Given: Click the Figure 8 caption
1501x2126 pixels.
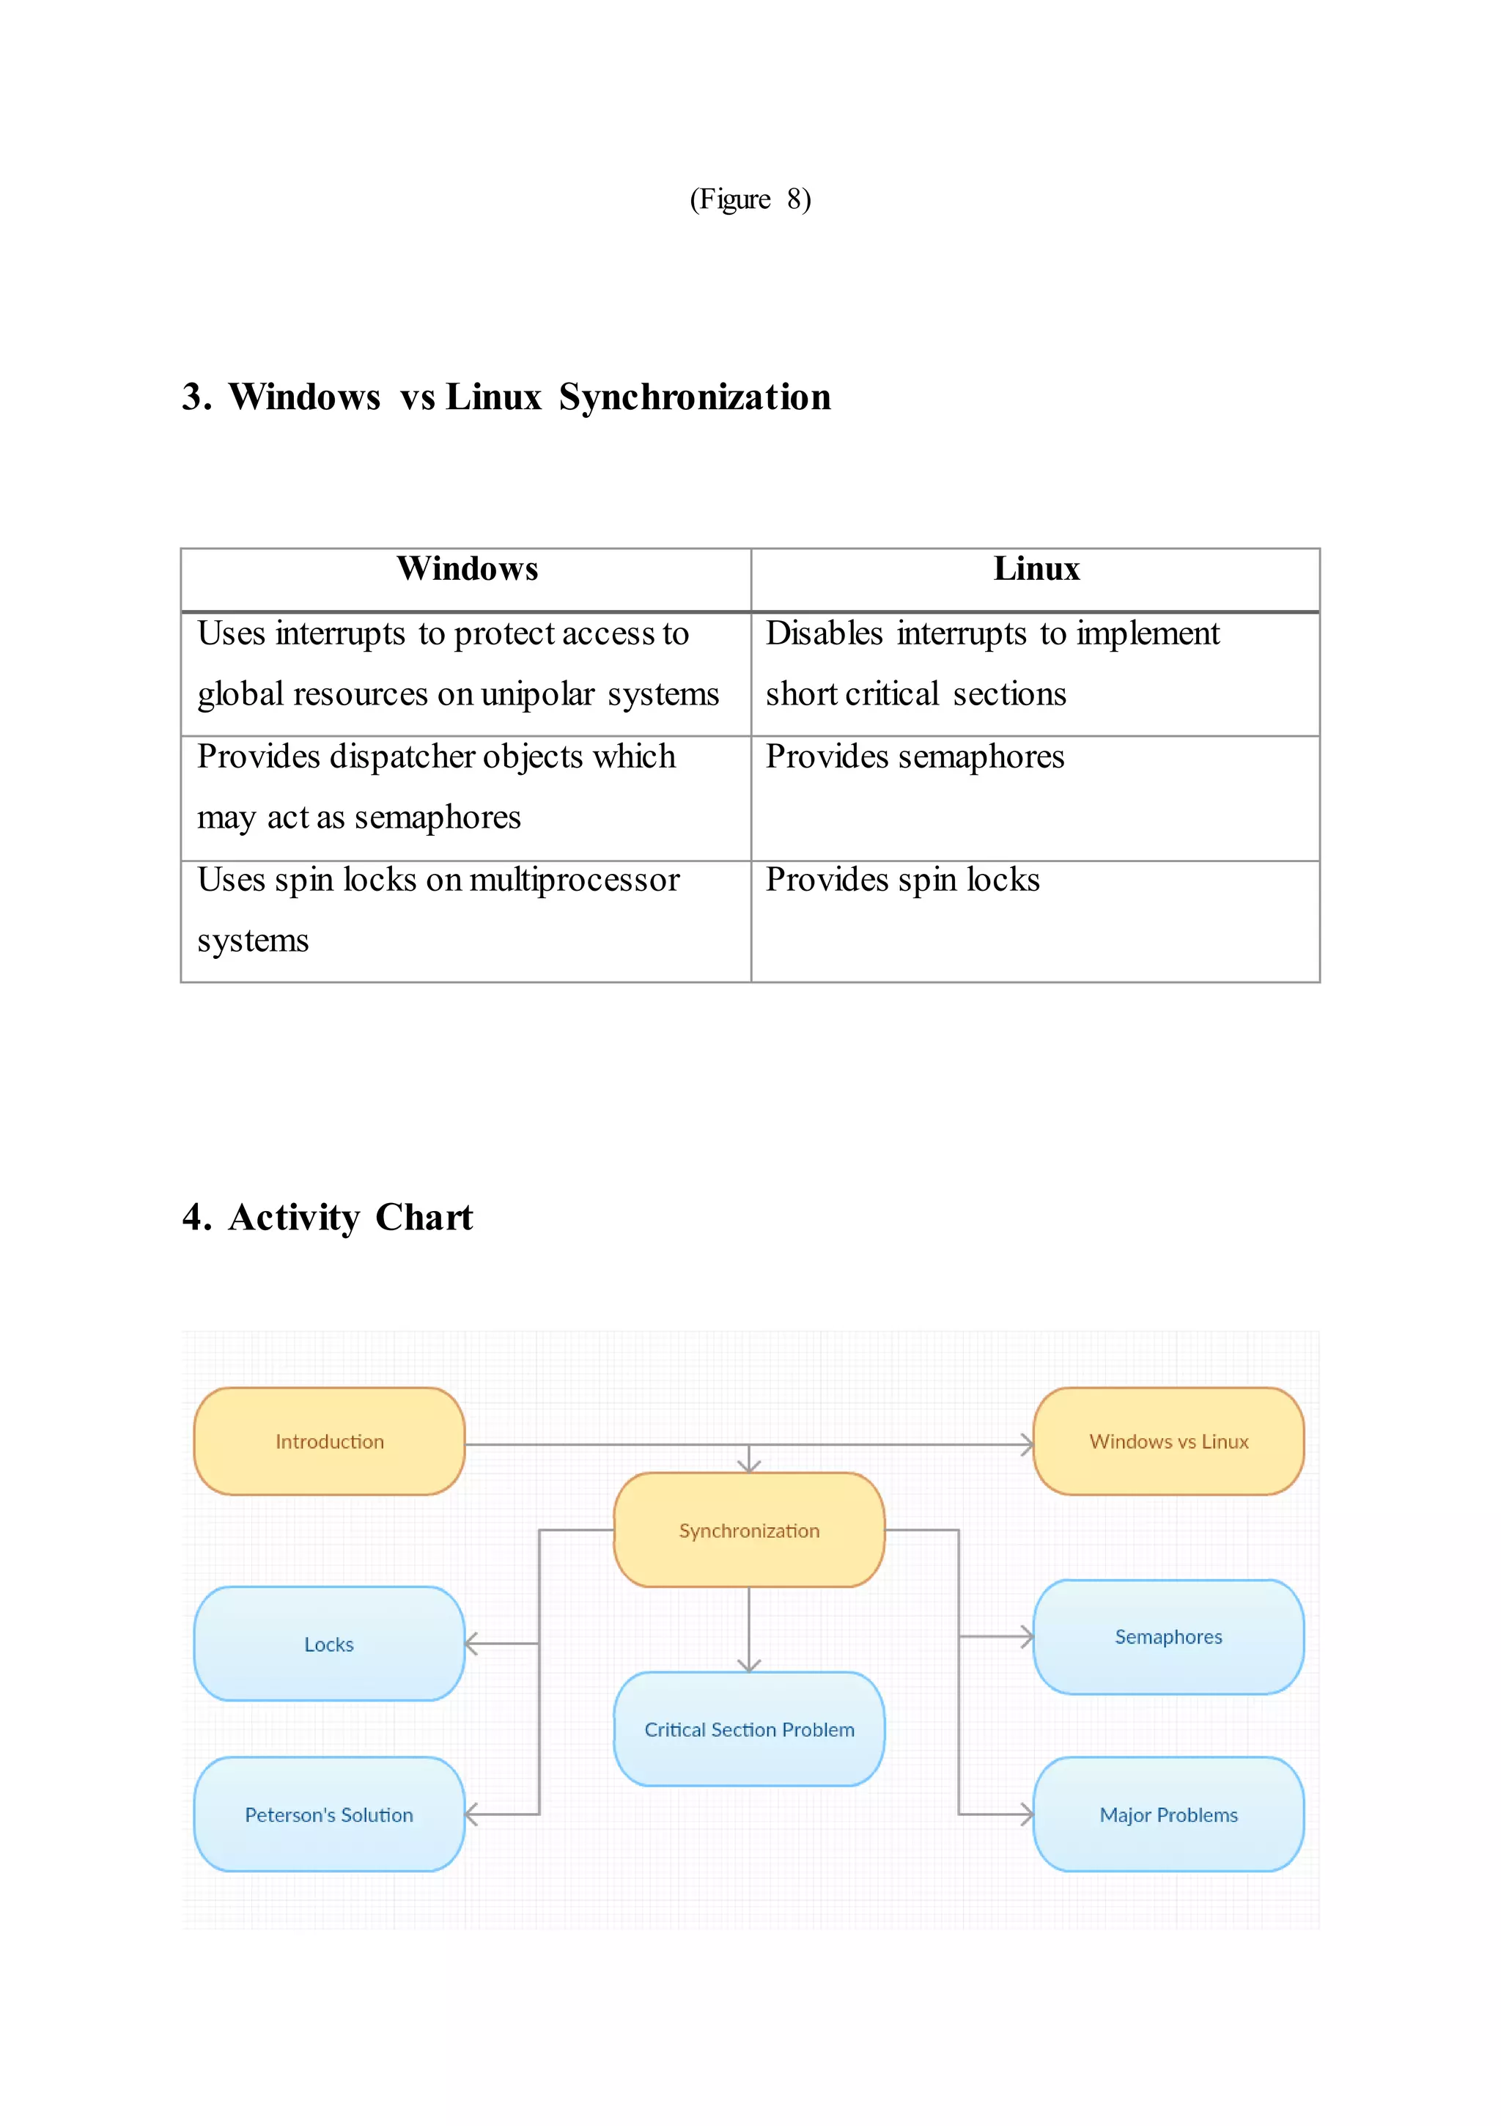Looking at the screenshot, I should point(750,199).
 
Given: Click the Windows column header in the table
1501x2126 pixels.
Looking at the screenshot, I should point(467,569).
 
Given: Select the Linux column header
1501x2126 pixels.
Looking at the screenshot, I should point(1036,569).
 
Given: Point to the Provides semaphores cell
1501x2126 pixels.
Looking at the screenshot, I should point(915,757).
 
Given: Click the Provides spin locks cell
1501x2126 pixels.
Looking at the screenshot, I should point(903,880).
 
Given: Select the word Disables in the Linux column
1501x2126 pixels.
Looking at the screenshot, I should point(824,633).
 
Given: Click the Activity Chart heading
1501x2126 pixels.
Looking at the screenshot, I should point(328,1218).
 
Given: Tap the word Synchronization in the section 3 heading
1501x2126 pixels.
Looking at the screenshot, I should point(695,397).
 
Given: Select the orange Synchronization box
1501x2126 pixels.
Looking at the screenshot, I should point(749,1530).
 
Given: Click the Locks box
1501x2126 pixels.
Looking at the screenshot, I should point(329,1644).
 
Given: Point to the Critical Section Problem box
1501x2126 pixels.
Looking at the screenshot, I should point(749,1729).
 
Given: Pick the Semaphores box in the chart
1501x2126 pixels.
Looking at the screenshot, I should point(1168,1636).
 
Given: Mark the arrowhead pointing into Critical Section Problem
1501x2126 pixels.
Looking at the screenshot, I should point(749,1665).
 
